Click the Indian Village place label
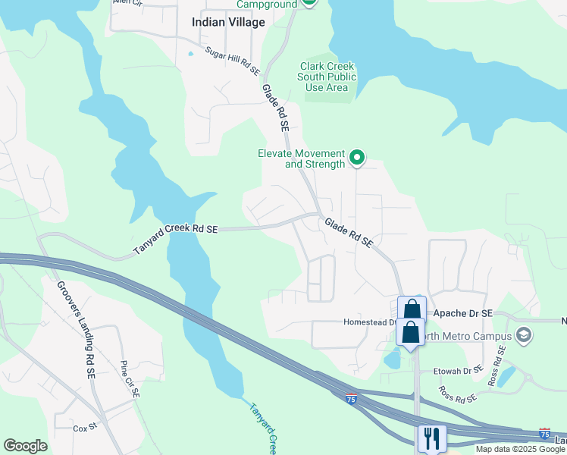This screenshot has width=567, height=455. [228, 22]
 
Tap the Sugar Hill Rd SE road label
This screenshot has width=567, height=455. [232, 61]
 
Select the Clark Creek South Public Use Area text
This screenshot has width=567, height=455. [327, 77]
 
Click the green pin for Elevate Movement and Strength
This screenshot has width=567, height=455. [356, 158]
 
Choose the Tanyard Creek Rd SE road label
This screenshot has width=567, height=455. [176, 238]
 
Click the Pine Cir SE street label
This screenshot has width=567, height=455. [130, 379]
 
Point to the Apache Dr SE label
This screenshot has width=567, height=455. [461, 313]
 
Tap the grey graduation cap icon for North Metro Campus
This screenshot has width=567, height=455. [523, 334]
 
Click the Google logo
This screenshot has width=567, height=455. [25, 446]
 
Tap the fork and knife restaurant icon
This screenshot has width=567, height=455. [431, 438]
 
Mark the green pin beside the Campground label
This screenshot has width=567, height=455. [309, 2]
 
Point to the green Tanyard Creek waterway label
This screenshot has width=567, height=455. [265, 428]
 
